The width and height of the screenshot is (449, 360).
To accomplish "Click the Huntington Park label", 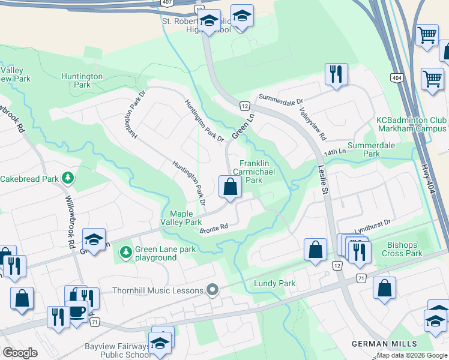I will [x=82, y=80].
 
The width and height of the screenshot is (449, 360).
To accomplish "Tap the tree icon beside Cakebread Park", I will [x=69, y=178].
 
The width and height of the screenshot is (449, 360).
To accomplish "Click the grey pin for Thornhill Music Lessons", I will [x=211, y=290].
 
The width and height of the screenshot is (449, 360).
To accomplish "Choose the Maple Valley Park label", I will [x=185, y=218].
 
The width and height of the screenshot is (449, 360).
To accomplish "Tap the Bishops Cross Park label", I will [x=403, y=249].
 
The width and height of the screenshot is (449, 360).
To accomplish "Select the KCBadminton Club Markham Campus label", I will [x=411, y=124].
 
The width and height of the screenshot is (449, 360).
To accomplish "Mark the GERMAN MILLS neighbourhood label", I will [x=384, y=343].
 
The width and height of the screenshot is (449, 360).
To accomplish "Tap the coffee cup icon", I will [x=76, y=311].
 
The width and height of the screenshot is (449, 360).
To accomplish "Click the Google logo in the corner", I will [x=20, y=353].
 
